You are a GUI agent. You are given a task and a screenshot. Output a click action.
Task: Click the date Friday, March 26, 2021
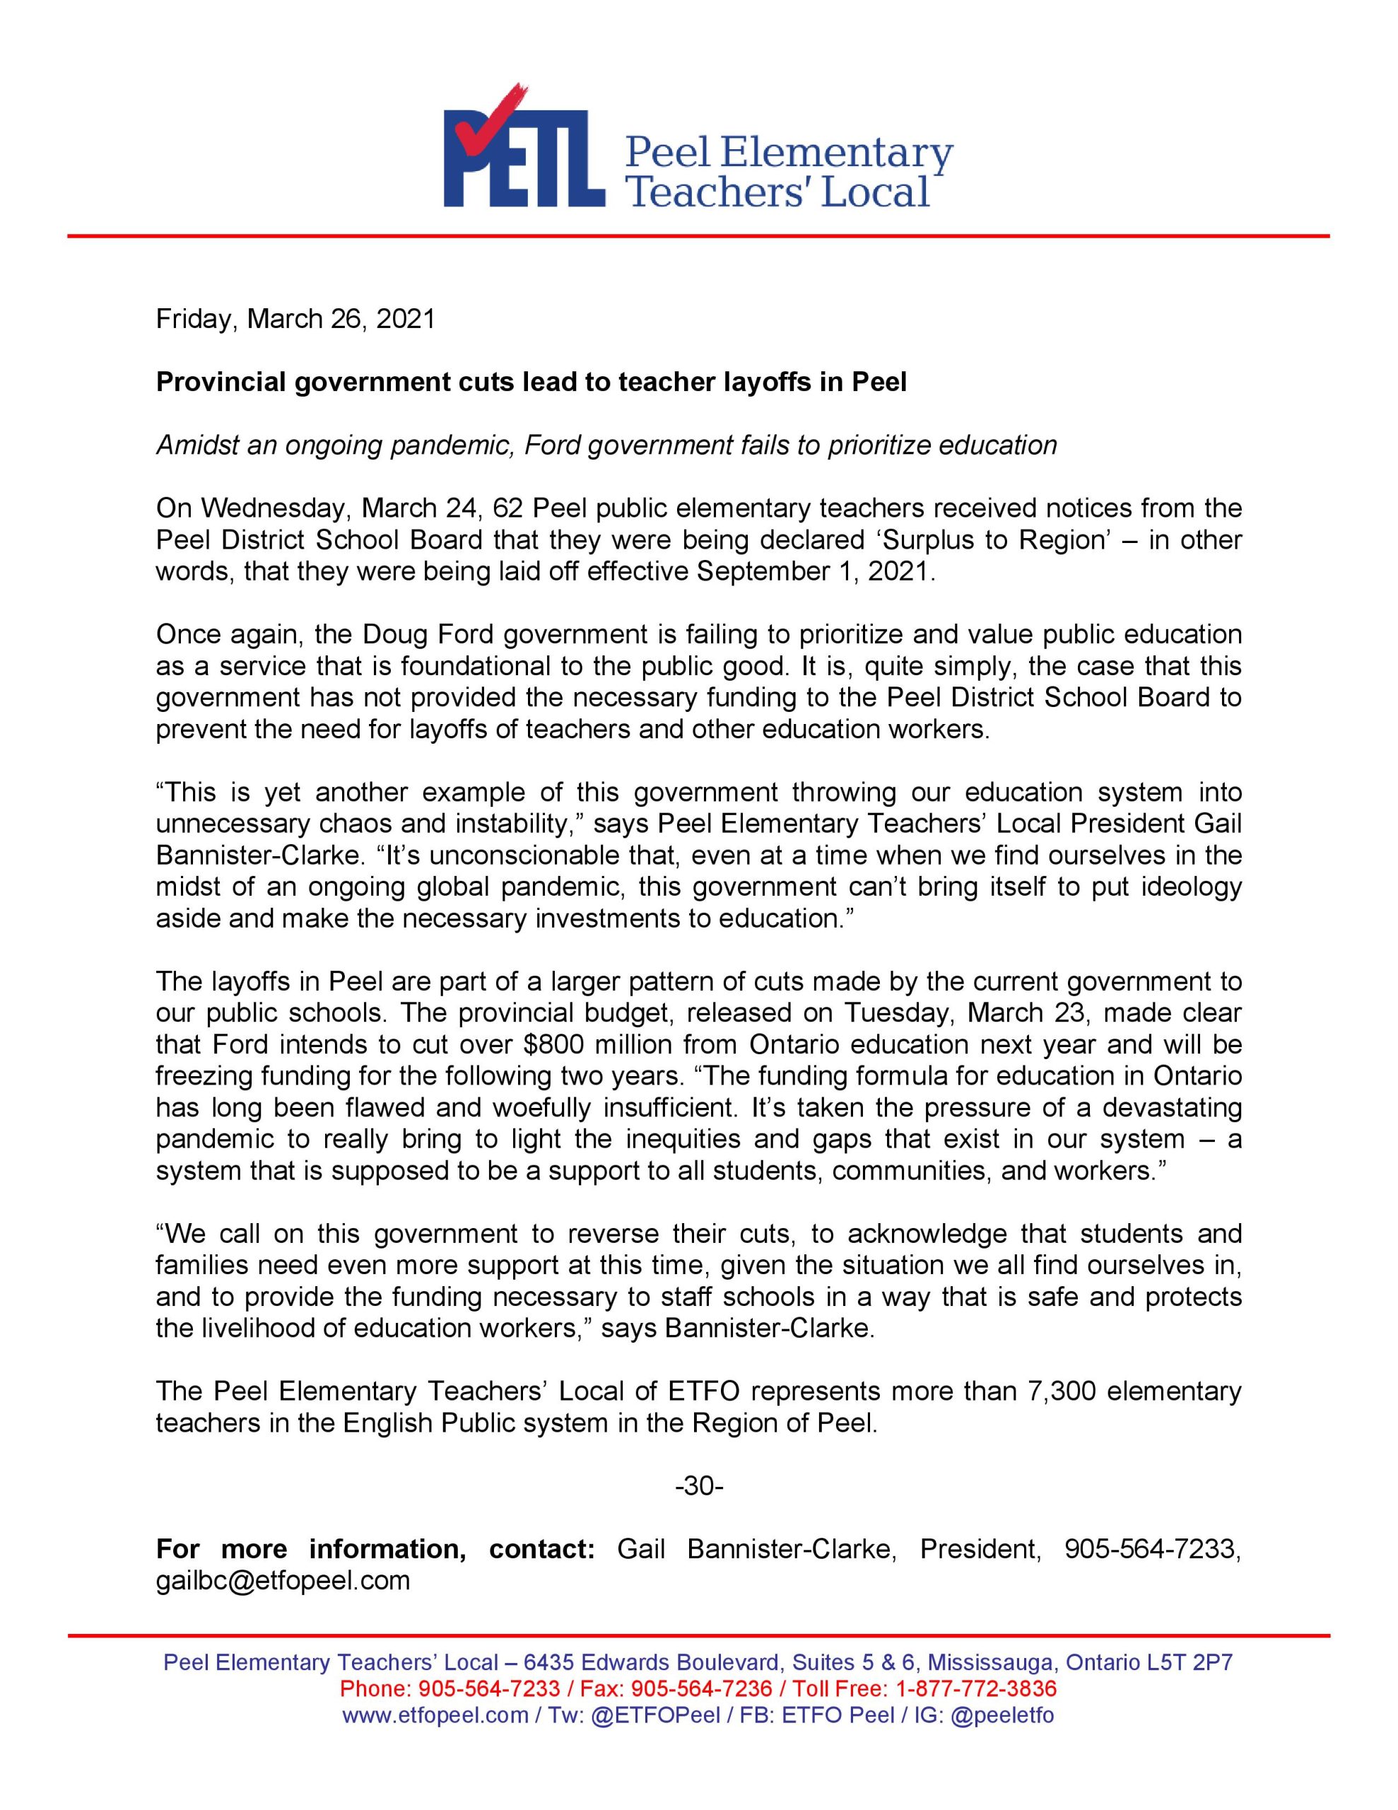coord(295,319)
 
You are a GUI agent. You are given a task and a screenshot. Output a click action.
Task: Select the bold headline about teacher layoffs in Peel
coord(531,382)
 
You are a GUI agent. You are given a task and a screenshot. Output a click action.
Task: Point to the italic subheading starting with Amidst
coord(606,445)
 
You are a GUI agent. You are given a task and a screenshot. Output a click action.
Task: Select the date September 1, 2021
coord(815,572)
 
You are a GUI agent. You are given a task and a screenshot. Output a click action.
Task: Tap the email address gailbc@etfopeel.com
coord(283,1580)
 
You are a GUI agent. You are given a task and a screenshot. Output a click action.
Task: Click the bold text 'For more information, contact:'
coord(375,1549)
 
